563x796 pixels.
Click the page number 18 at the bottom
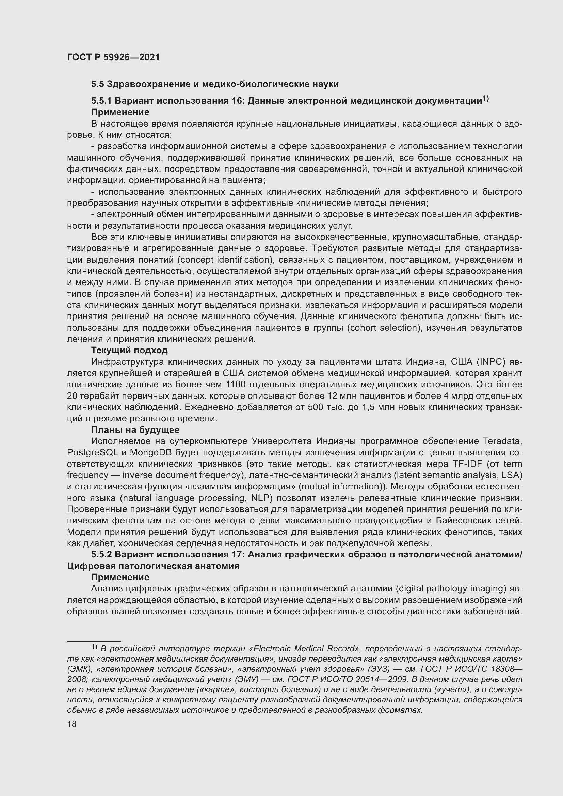click(72, 724)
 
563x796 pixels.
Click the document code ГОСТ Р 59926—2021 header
click(113, 57)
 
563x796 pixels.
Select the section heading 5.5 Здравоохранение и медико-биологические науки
click(214, 84)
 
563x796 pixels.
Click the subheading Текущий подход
click(129, 350)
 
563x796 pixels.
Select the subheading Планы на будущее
click(135, 430)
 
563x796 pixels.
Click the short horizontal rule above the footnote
click(94, 641)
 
